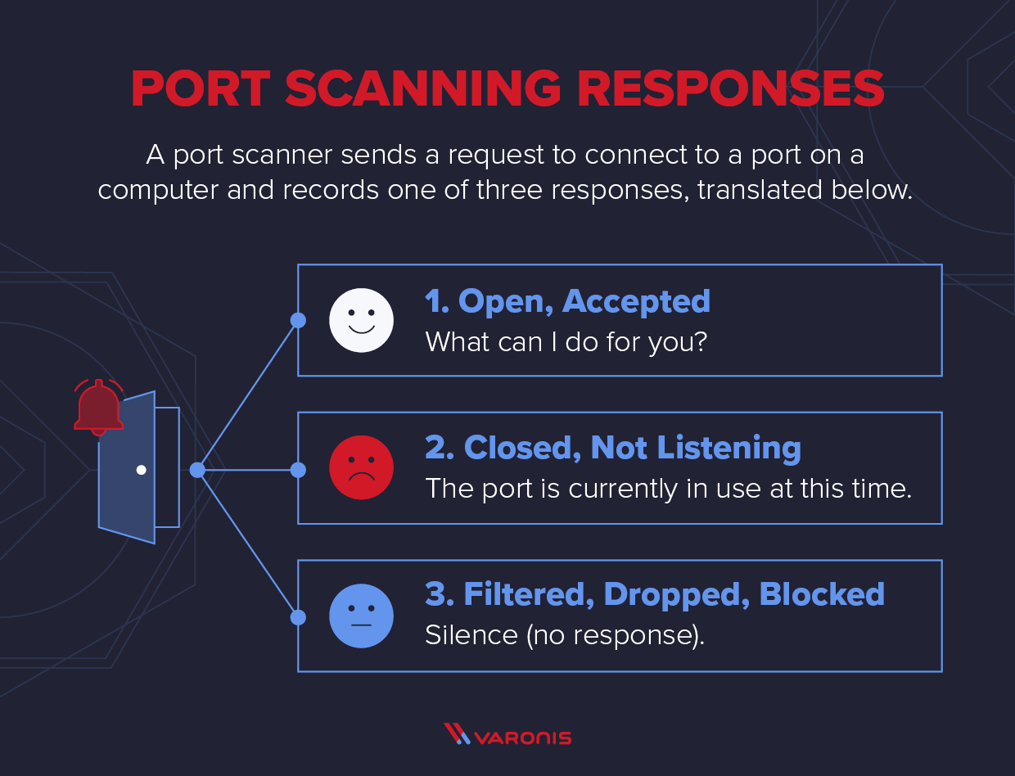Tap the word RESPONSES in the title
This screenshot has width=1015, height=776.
731,89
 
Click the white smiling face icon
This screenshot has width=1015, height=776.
361,320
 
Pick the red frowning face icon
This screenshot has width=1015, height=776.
361,467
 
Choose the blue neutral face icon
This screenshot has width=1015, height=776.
361,616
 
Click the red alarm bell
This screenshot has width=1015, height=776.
98,408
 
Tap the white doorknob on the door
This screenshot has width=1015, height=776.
141,470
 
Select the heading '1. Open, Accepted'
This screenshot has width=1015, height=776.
567,301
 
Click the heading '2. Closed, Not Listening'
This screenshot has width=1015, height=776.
612,448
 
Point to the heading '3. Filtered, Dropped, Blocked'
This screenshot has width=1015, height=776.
654,594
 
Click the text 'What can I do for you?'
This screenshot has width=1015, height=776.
566,341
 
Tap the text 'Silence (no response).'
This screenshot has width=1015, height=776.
564,635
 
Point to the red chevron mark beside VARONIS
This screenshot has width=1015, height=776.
457,734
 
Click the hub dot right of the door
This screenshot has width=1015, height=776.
196,470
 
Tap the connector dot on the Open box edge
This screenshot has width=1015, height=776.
298,320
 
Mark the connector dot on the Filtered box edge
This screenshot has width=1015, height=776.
298,616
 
